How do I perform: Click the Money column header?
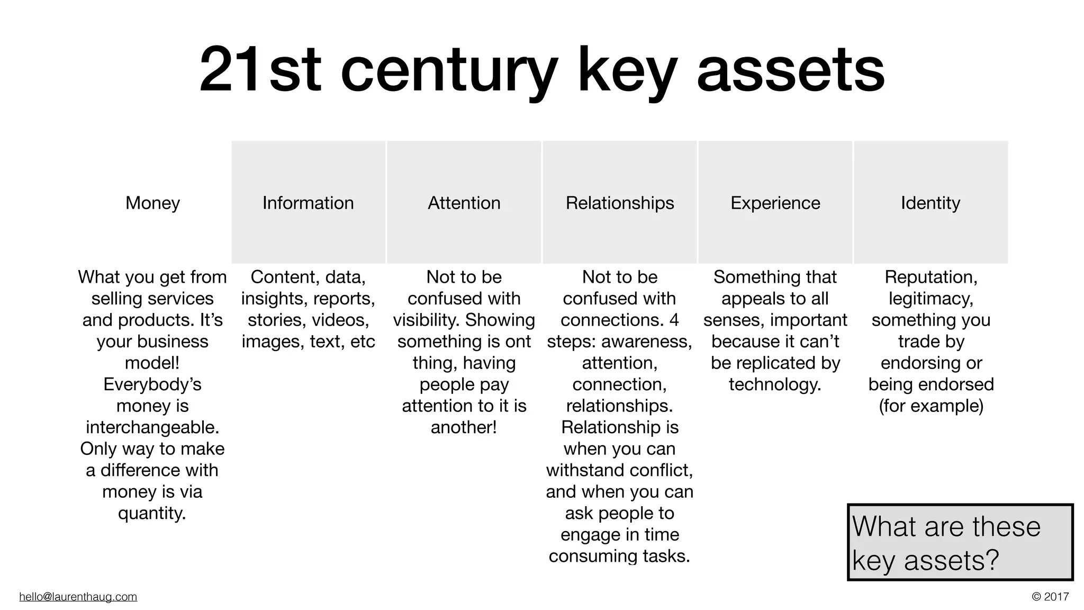point(152,203)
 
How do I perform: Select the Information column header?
point(308,203)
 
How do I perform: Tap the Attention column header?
point(464,203)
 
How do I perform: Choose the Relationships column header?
point(619,203)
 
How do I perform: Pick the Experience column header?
point(775,203)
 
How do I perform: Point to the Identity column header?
point(931,203)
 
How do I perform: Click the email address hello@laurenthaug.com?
point(78,597)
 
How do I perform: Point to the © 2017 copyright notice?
point(1050,597)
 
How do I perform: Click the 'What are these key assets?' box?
point(960,542)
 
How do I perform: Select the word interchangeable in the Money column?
point(152,427)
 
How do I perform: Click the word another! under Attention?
point(464,427)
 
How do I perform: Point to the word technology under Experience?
point(775,384)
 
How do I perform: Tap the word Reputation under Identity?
point(931,277)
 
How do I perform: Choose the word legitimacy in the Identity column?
point(931,299)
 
